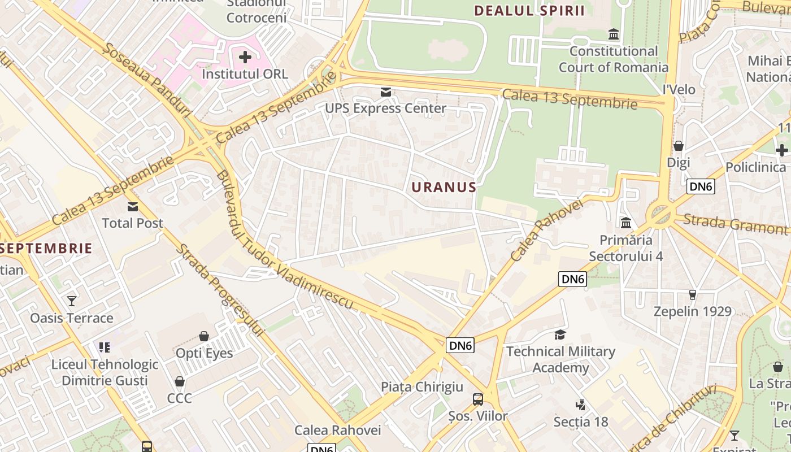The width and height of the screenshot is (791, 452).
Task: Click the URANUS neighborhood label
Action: point(444,187)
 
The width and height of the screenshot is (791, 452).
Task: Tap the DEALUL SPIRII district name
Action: point(529,11)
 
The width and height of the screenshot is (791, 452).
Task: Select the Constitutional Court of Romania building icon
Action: point(614,35)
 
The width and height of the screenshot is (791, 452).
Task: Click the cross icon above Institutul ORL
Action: point(245,57)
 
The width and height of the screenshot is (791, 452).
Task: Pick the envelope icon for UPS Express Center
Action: point(386,92)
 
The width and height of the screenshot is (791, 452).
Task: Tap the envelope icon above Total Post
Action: point(133,207)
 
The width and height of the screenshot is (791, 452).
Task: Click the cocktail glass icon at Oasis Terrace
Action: point(72,301)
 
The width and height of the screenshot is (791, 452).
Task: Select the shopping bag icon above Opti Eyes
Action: point(204,337)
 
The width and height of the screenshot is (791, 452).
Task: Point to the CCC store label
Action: point(180,398)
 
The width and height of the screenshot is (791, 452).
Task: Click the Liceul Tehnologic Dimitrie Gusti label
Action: point(105,372)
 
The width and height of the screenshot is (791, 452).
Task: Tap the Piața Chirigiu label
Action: point(421,387)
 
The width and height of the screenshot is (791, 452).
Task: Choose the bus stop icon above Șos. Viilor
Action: point(478,399)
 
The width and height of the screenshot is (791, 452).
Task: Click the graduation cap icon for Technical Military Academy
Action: point(560,334)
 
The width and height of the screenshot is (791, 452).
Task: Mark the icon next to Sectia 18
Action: point(580,405)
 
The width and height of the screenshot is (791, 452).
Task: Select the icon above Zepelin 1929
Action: point(693,294)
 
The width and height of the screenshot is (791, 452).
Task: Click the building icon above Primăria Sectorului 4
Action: point(626,223)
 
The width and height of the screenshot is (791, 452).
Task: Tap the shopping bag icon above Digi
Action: point(679,146)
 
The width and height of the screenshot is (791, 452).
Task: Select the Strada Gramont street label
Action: point(734,224)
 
